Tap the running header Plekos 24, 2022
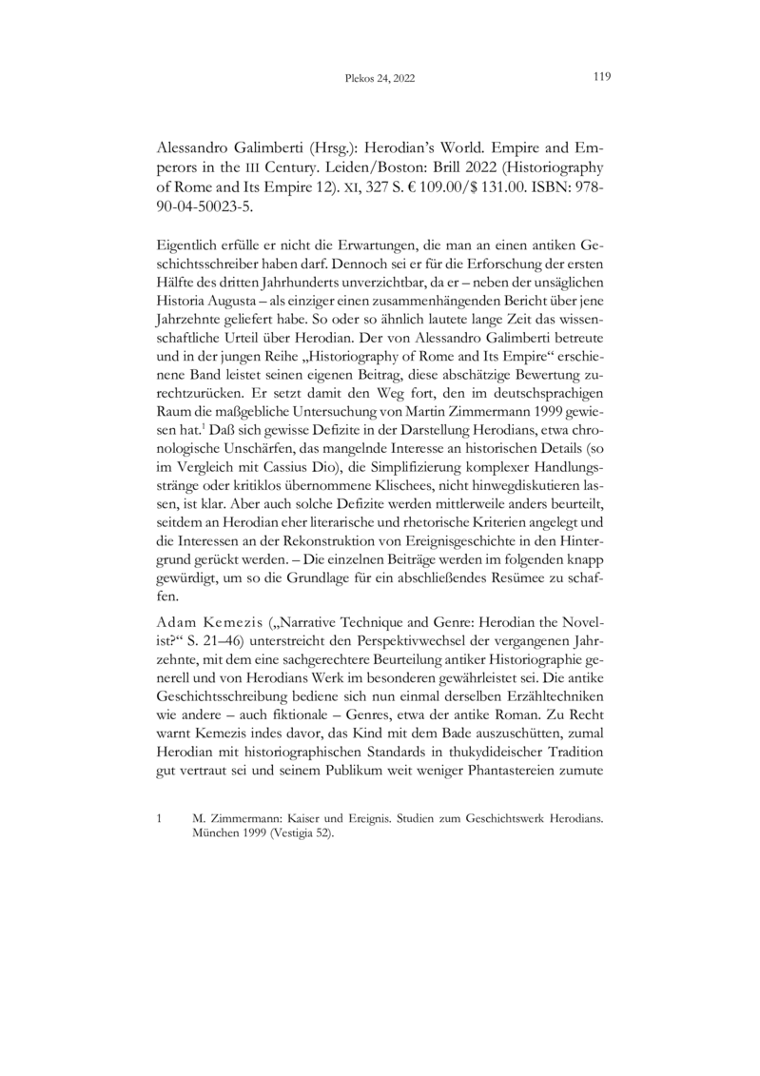[379, 79]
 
